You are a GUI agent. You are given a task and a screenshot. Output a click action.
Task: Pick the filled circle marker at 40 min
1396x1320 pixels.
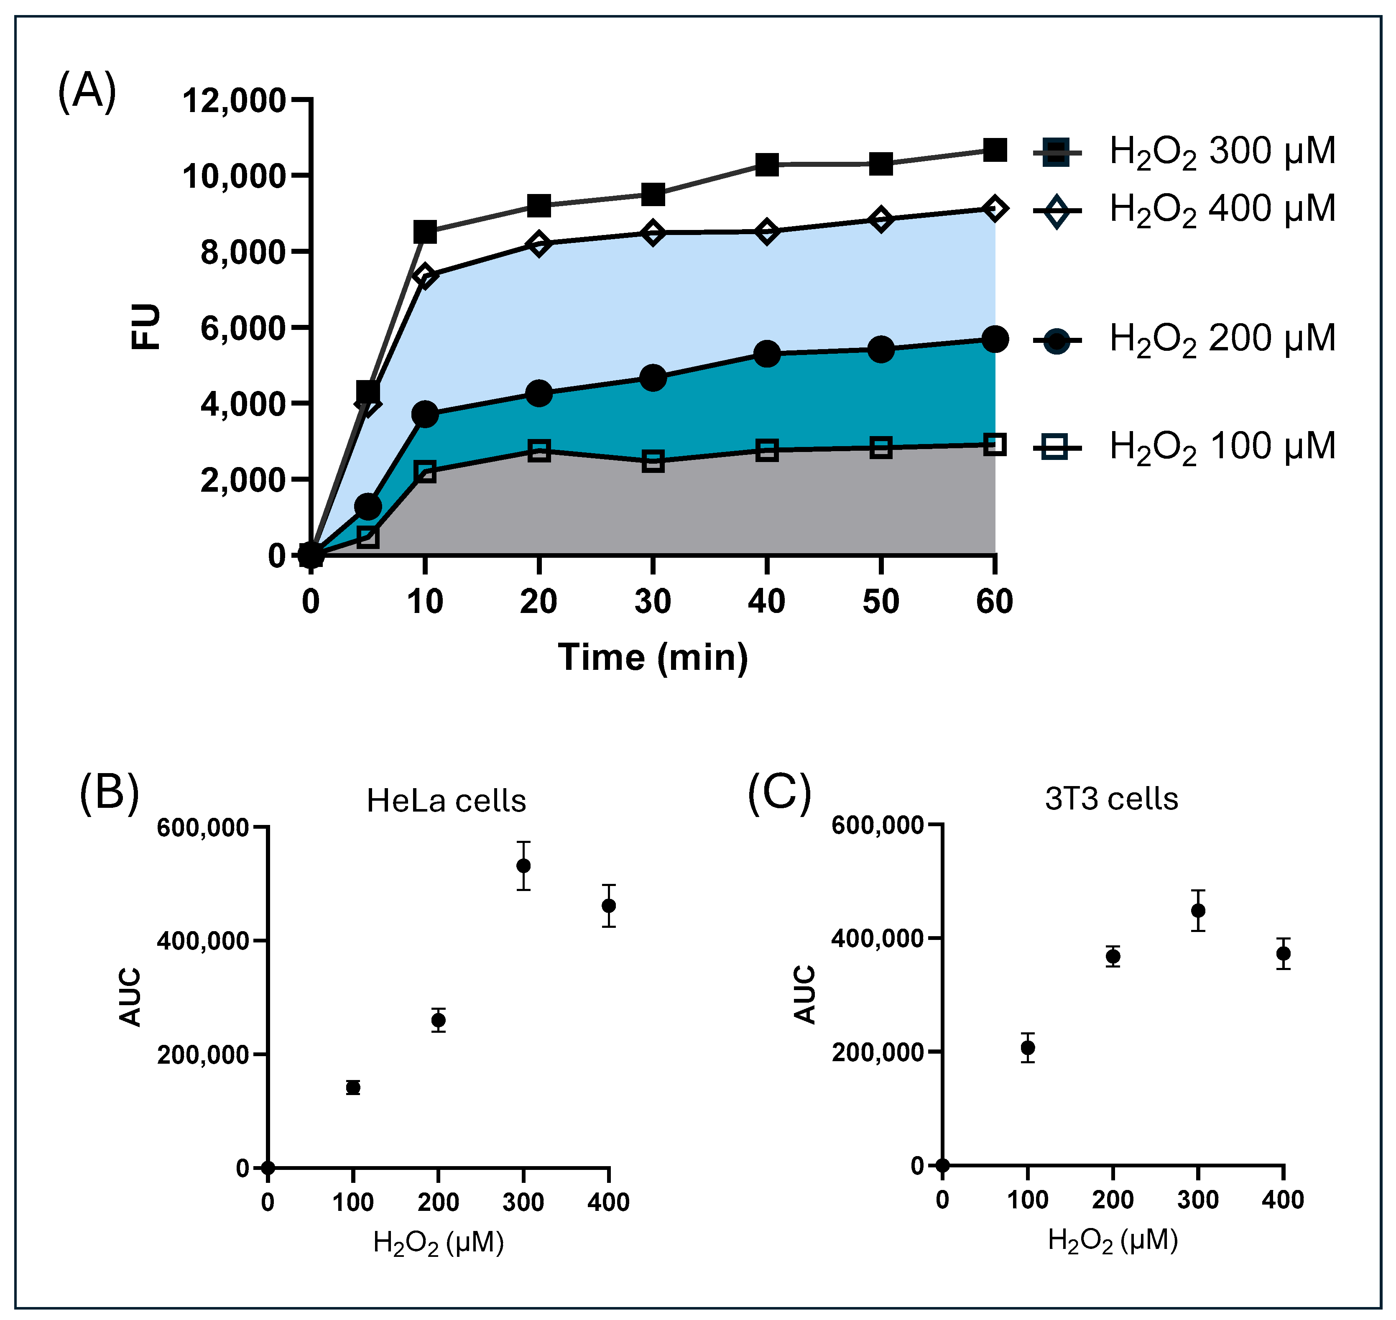point(767,354)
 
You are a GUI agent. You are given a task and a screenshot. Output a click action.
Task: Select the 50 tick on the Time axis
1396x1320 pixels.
point(880,602)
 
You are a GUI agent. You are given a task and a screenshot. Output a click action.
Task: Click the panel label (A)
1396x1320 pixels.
point(87,92)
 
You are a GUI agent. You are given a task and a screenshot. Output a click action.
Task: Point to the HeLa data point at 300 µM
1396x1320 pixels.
point(523,866)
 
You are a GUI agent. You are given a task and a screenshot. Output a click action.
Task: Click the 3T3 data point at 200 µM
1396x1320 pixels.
point(1113,956)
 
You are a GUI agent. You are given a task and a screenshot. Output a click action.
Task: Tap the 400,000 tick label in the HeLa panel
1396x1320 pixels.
point(203,942)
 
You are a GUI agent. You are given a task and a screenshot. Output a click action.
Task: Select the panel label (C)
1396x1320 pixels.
point(779,793)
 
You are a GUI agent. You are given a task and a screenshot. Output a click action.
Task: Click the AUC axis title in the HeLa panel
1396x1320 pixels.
point(131,998)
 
